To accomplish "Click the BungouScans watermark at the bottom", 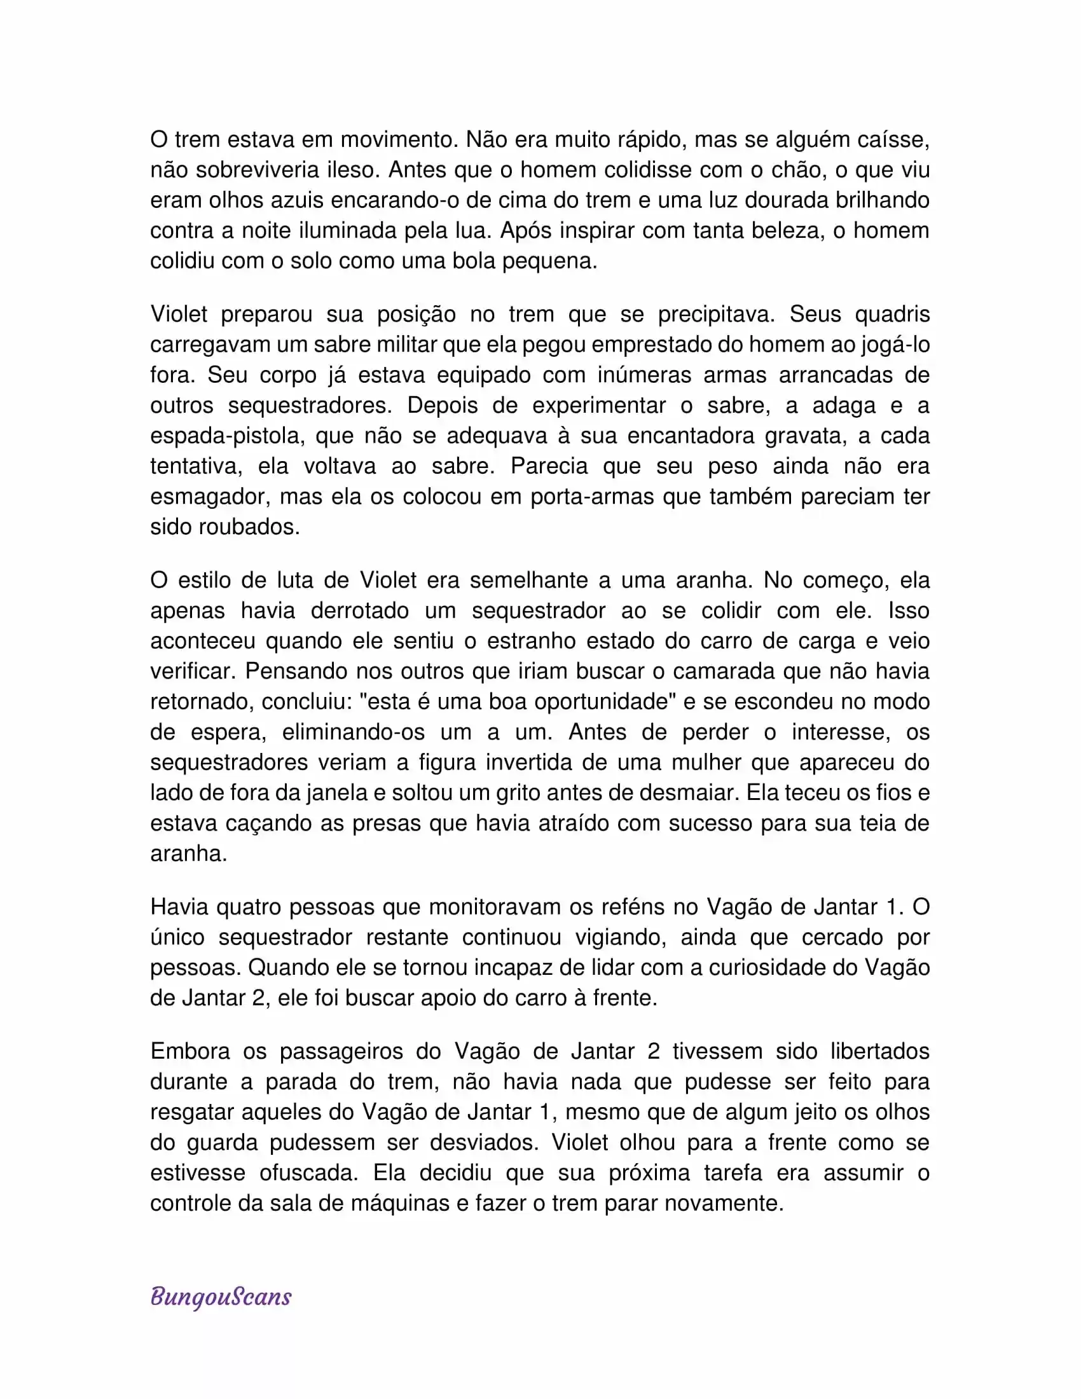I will coord(221,1297).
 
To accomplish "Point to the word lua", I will coord(472,230).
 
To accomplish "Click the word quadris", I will coord(892,314).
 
